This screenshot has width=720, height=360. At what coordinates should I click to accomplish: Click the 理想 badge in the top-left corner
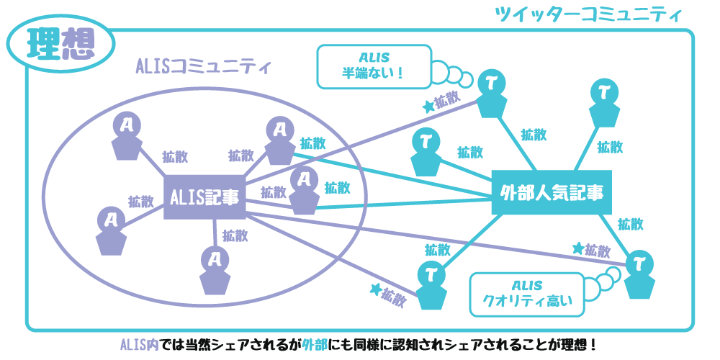point(60,44)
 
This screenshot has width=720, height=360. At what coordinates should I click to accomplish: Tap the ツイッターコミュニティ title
point(588,14)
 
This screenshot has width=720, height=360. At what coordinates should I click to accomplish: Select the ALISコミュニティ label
point(203,67)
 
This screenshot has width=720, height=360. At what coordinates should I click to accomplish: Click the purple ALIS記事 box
point(205,196)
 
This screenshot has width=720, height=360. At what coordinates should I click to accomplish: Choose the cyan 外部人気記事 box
point(552,192)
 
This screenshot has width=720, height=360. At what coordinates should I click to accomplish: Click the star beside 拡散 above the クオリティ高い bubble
point(578,248)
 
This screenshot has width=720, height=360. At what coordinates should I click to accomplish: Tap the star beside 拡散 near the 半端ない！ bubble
point(428,106)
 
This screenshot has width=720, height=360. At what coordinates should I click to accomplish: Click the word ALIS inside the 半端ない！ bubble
point(374,58)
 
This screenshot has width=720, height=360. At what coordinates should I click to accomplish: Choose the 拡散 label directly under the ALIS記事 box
point(235,235)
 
